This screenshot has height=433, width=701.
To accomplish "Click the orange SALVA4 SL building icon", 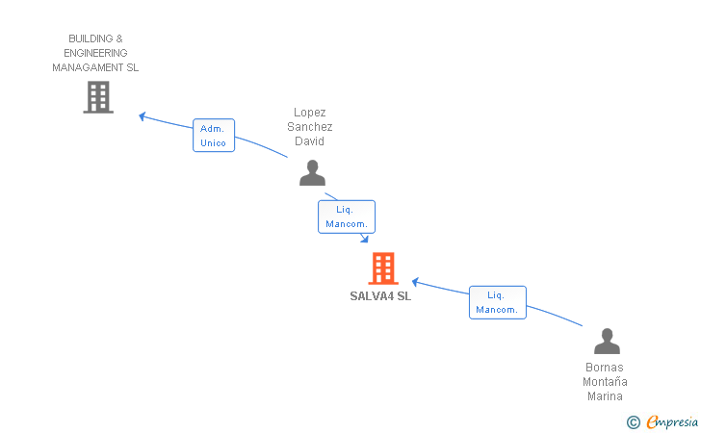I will [x=383, y=268].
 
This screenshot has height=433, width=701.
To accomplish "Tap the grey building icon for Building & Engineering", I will [x=98, y=96].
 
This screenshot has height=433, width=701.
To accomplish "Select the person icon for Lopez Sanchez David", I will [x=312, y=172].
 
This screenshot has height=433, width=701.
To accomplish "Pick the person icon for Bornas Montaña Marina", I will [x=607, y=342].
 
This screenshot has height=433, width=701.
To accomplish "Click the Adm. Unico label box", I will [x=213, y=136].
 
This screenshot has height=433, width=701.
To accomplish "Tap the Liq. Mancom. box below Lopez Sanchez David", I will [x=346, y=216].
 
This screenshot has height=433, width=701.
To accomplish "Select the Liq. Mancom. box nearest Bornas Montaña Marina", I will [x=497, y=302].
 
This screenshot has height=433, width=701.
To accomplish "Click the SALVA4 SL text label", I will [x=380, y=296].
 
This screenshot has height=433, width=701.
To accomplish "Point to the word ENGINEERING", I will [x=95, y=53].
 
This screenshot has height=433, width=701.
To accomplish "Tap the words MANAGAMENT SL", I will [x=95, y=67].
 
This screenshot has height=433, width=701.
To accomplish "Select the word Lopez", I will [x=309, y=113].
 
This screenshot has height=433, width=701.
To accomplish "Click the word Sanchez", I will [x=309, y=127].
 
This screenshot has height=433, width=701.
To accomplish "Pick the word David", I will [x=309, y=141].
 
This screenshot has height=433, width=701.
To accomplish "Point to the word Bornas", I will [x=604, y=368].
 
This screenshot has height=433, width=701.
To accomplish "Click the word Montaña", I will [x=604, y=382].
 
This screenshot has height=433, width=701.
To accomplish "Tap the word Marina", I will [x=604, y=396].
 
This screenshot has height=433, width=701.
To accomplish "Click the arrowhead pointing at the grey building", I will [x=143, y=116].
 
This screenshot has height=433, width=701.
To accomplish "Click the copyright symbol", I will [x=633, y=421].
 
